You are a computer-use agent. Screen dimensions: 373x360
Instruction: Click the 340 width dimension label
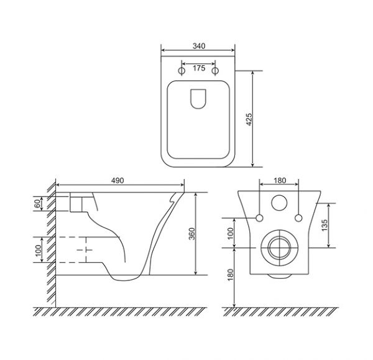[x=199, y=46]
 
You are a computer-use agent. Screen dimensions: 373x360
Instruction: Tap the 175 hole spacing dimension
[x=199, y=68]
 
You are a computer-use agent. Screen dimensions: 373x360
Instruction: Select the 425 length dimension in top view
[x=249, y=119]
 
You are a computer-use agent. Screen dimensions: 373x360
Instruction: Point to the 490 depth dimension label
[x=117, y=180]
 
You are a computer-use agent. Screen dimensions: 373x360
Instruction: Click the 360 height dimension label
[x=191, y=234]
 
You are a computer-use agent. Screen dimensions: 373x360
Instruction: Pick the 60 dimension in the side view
[x=37, y=204]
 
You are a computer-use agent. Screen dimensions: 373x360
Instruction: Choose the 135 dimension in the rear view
[x=325, y=225]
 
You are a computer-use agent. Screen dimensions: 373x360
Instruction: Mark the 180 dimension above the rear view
[x=280, y=180]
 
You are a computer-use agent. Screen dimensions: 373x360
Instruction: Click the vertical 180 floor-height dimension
[x=230, y=275]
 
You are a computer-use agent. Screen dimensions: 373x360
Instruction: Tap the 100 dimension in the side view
[x=38, y=251]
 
